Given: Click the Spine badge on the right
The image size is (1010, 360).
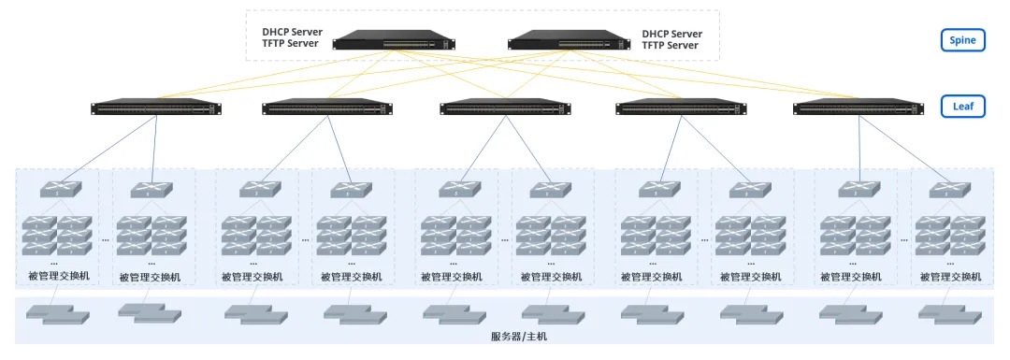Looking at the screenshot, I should tap(963, 39).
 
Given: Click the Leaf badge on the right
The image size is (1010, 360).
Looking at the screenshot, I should tap(963, 107).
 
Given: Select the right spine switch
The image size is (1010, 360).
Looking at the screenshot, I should tap(569, 39).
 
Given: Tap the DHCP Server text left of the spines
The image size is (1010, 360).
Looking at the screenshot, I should tap(292, 33).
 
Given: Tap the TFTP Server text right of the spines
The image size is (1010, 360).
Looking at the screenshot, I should tap(671, 45).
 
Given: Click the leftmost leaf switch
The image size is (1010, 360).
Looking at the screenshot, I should tap(156, 108).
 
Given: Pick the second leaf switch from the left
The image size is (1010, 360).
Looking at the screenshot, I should tap(328, 108).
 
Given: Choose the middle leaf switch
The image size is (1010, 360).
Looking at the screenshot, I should tap(505, 108).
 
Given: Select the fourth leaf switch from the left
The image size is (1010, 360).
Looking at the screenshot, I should tap(681, 108).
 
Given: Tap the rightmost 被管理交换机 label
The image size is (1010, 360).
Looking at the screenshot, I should tap(950, 277).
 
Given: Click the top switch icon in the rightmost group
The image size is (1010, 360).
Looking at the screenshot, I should tap(952, 189).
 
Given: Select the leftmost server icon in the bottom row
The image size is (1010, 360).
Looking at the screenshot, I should tap(55, 313).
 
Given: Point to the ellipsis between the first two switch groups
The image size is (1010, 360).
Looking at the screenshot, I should tap(105, 238).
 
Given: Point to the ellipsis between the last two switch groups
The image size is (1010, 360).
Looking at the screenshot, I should tap(904, 238).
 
